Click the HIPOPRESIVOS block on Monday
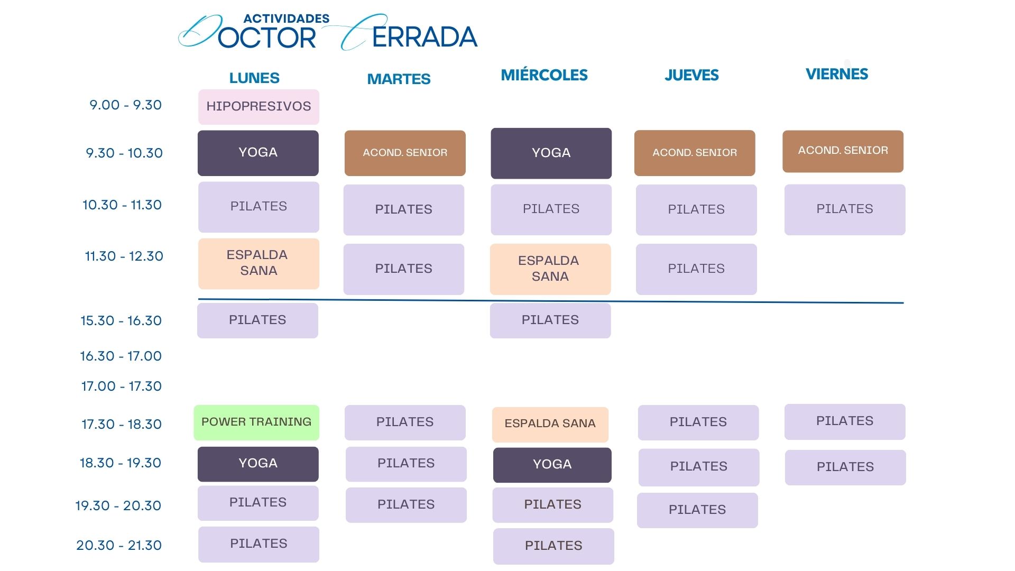259,107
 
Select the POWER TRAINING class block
256,422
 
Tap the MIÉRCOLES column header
544,75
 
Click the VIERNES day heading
837,74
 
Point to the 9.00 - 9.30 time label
126,105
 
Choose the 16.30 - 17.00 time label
121,356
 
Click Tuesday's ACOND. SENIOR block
405,153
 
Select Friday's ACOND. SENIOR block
843,151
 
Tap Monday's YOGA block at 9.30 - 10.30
258,153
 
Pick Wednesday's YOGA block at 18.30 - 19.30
552,465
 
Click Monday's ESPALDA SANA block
259,263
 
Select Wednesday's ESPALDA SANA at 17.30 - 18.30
550,424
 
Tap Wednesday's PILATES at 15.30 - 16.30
550,320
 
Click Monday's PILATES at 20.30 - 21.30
259,544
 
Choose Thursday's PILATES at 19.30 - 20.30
697,510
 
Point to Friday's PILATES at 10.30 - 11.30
845,209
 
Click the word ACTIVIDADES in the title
287,19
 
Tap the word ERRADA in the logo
425,37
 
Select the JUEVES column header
691,75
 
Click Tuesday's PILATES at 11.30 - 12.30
404,269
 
